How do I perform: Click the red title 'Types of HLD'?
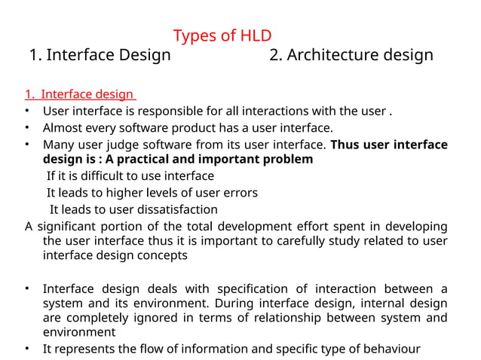click(222, 35)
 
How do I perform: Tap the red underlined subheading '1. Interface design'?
click(79, 95)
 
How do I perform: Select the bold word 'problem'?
click(283, 160)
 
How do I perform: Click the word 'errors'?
click(240, 193)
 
